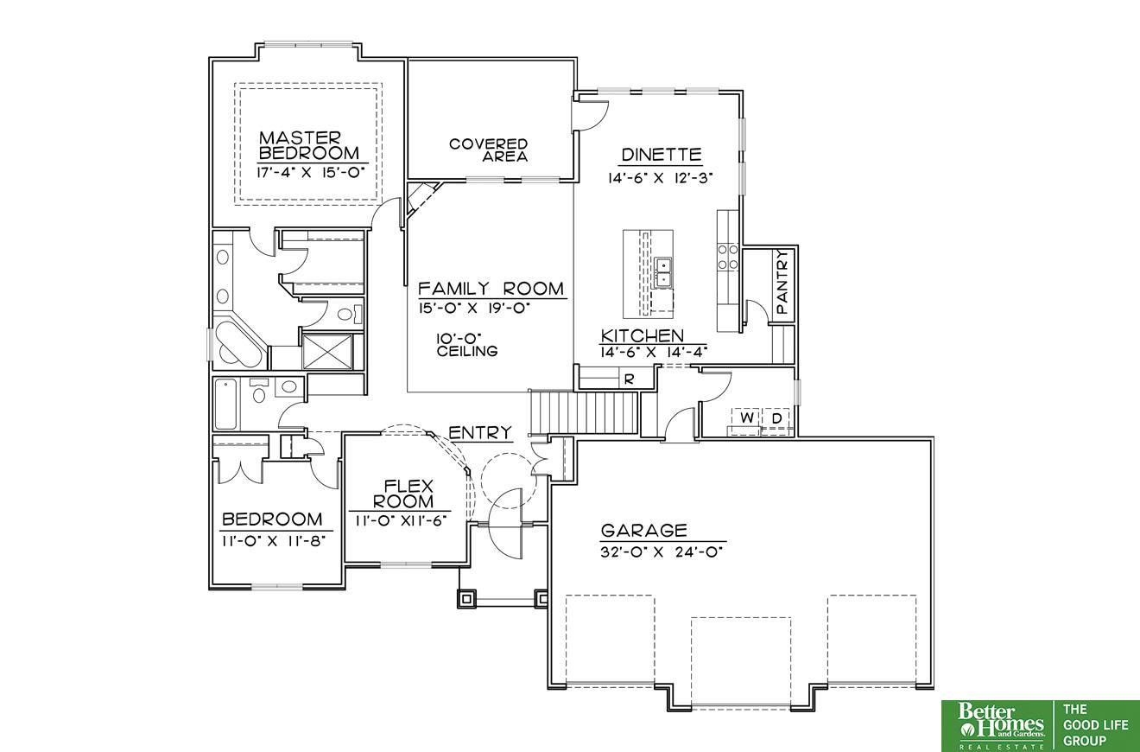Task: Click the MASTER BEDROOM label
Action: [309, 145]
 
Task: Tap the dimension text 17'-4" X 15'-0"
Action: [312, 172]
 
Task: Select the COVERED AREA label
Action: [489, 150]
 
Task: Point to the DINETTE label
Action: [661, 155]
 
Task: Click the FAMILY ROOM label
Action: [491, 289]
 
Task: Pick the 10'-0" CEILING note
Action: [466, 344]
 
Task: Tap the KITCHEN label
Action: [643, 335]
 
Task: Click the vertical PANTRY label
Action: [782, 281]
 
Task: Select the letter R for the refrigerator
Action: [629, 379]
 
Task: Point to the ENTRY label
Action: [480, 432]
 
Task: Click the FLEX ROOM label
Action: [403, 494]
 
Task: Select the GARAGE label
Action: [643, 531]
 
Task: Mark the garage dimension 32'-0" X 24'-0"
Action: [662, 552]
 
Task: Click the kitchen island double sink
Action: [663, 272]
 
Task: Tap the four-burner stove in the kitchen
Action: [728, 257]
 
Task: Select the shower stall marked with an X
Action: [327, 351]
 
